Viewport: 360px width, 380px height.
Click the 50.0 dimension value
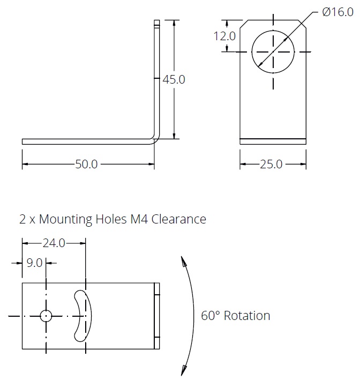click(x=86, y=165)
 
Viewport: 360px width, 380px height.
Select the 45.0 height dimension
click(x=174, y=79)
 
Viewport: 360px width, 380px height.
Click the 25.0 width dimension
click(x=271, y=165)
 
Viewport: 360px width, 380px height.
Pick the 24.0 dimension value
click(x=54, y=243)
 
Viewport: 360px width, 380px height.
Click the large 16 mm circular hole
click(x=273, y=51)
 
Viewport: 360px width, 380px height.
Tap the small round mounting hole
click(x=47, y=316)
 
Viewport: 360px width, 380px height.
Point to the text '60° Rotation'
click(x=236, y=316)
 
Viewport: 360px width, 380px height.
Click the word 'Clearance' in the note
click(x=179, y=219)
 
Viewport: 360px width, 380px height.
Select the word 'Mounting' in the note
click(x=66, y=219)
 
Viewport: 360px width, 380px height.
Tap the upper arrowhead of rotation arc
click(x=183, y=261)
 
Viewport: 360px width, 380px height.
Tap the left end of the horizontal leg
click(x=24, y=141)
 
